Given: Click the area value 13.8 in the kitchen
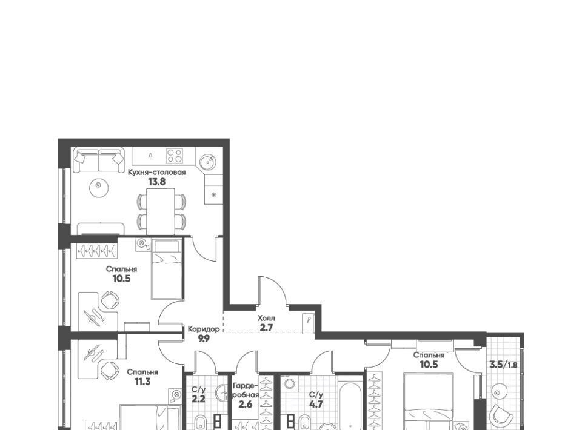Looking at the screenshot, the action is coord(156,182).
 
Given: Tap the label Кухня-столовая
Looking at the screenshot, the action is coord(156,172).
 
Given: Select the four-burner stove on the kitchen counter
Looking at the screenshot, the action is coord(174,156).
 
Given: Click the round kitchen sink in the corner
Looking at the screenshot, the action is coord(207,162).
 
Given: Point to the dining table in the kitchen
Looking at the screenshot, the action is coord(160,211).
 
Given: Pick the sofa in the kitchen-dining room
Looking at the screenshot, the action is coord(98,160).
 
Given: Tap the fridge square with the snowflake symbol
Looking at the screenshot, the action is coord(214,194).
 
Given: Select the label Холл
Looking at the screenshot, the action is coord(267,318).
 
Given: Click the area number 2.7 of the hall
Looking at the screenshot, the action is coord(267,327).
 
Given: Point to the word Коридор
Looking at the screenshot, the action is coord(204,329).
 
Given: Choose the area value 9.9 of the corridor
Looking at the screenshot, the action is coord(204,338).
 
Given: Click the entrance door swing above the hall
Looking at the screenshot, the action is coord(273,291).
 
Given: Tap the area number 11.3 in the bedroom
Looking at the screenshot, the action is coord(142,382).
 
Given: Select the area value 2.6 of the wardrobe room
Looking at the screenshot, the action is coord(246,404).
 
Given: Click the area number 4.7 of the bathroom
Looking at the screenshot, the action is coord(316,404).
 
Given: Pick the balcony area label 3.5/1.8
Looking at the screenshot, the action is coord(503,365).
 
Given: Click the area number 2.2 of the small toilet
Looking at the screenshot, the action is coord(199,399).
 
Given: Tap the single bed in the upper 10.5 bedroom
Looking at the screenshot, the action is coord(167,269).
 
